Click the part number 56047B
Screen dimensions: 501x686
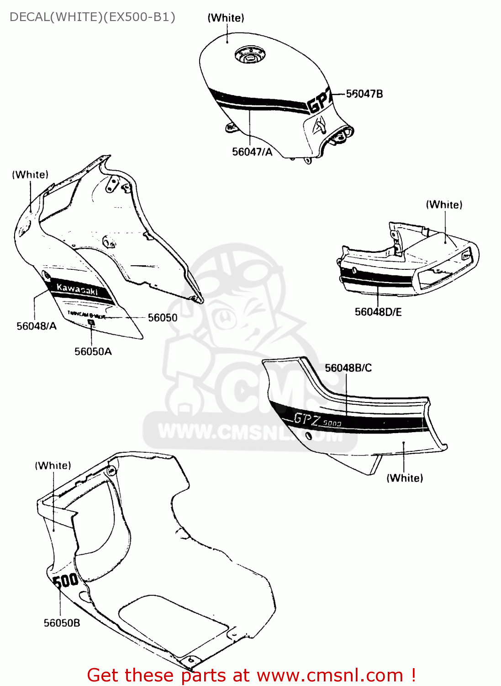[x=364, y=94]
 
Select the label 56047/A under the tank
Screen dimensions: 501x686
[x=252, y=152]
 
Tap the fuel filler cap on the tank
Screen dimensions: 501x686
[x=249, y=55]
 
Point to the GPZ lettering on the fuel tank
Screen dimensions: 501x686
[x=320, y=102]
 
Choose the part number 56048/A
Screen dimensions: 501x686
[x=37, y=326]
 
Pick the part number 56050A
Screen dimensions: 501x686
[x=93, y=351]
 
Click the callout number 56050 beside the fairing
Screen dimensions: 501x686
[x=163, y=317]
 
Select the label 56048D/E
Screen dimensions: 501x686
[x=378, y=312]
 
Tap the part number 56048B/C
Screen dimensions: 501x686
[x=348, y=368]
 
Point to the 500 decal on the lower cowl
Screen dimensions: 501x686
[x=66, y=581]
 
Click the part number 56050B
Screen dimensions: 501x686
[x=62, y=623]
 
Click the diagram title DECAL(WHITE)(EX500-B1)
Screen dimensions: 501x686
[x=92, y=17]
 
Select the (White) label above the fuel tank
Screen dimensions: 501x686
[x=226, y=18]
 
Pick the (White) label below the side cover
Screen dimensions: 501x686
[x=405, y=478]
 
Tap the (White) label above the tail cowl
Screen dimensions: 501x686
[x=444, y=204]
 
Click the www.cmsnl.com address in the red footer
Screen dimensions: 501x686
[x=330, y=675]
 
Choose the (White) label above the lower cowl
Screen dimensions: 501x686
[x=53, y=466]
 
